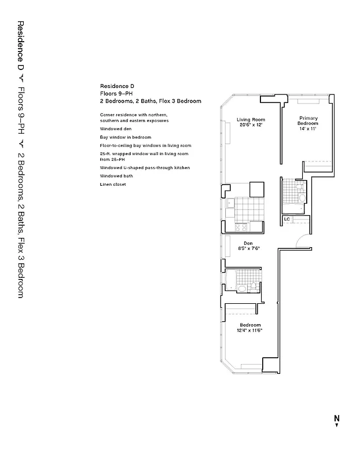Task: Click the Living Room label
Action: pyautogui.click(x=250, y=120)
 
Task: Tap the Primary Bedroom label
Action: pyautogui.click(x=308, y=120)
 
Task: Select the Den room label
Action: pyautogui.click(x=248, y=243)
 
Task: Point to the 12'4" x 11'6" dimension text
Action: pyautogui.click(x=249, y=330)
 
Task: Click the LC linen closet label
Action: pyautogui.click(x=286, y=219)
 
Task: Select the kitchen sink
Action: pyautogui.click(x=230, y=203)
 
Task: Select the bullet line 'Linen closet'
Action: pyautogui.click(x=112, y=184)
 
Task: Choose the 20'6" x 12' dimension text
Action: pyautogui.click(x=250, y=125)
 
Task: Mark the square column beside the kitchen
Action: pyautogui.click(x=256, y=190)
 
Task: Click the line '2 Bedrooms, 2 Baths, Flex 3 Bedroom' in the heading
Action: pyautogui.click(x=150, y=101)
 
